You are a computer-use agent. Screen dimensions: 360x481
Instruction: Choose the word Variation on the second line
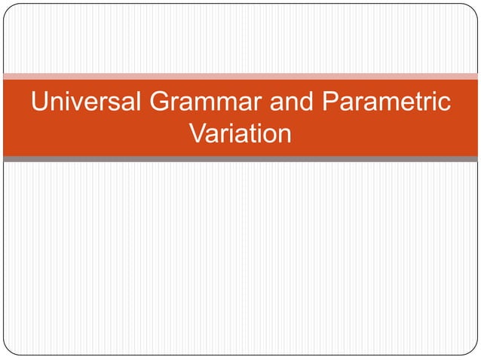point(240,135)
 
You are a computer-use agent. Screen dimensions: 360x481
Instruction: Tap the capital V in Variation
point(198,135)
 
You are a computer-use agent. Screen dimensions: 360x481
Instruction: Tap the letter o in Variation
point(267,136)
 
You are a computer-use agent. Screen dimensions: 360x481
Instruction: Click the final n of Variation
point(283,136)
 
